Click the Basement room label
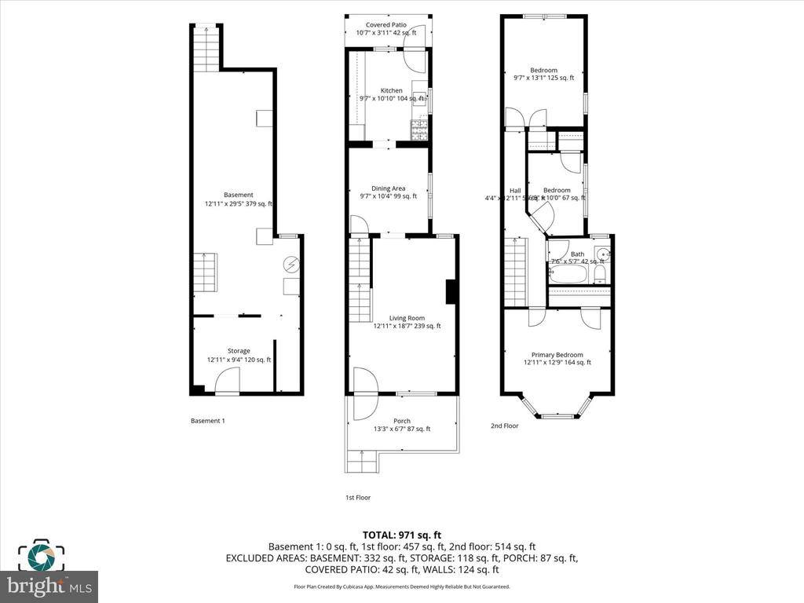click(239, 196)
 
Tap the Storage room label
click(239, 351)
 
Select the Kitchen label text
click(391, 91)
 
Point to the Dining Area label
click(388, 188)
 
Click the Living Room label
click(407, 318)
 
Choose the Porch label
click(401, 421)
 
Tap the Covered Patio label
click(386, 25)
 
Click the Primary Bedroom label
click(557, 354)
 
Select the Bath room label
click(577, 254)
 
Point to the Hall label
click(515, 191)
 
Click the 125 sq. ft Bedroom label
click(543, 71)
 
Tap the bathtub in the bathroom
click(568, 274)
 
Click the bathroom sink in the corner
click(603, 254)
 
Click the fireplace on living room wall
click(451, 291)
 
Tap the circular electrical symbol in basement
click(291, 265)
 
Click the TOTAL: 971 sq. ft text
click(401, 535)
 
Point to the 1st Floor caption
click(357, 498)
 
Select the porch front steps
click(362, 462)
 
